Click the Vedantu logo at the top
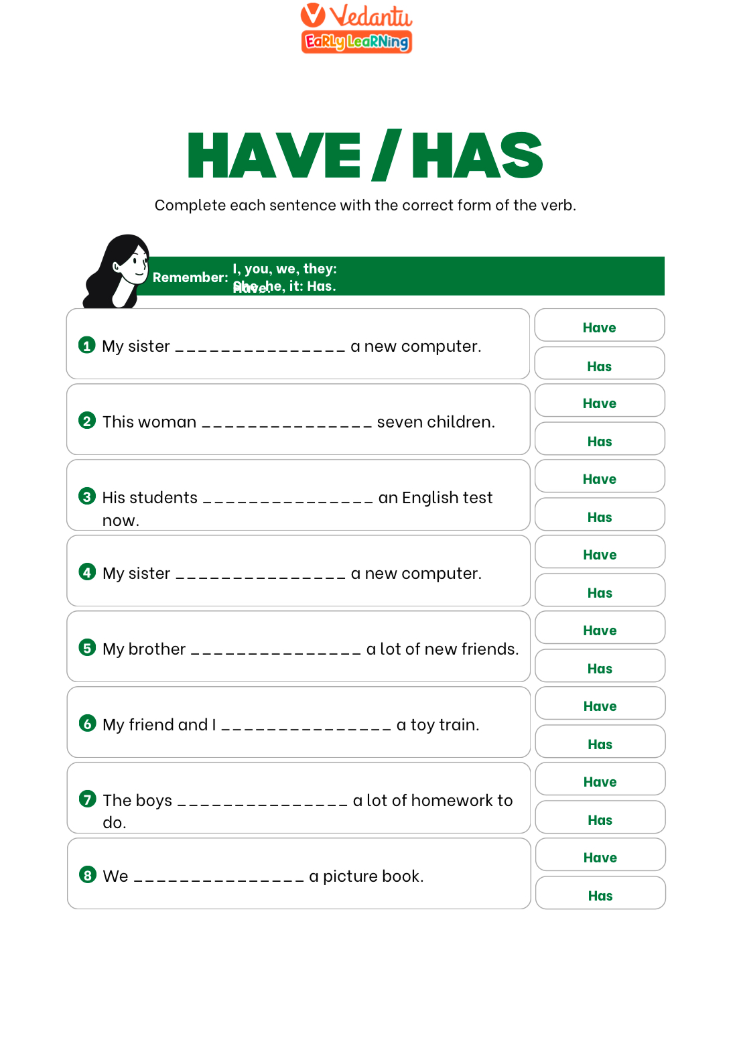click(x=356, y=28)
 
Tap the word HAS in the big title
click(x=476, y=155)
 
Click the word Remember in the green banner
click(x=190, y=277)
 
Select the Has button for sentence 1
click(x=599, y=366)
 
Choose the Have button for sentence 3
click(x=599, y=478)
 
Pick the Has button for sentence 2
click(x=599, y=441)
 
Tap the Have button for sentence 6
click(x=600, y=706)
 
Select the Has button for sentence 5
click(x=600, y=668)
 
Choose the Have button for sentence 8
click(x=600, y=857)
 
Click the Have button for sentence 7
click(x=600, y=781)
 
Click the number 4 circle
click(x=87, y=572)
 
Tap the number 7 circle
click(x=87, y=799)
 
